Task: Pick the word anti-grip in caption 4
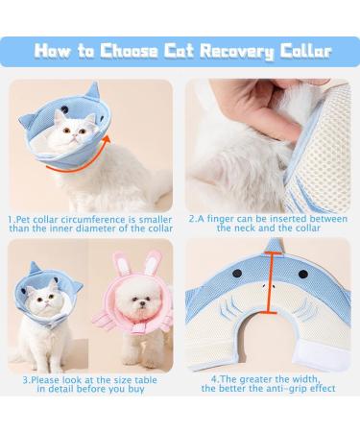(x=293, y=388)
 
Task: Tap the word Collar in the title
(x=306, y=50)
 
